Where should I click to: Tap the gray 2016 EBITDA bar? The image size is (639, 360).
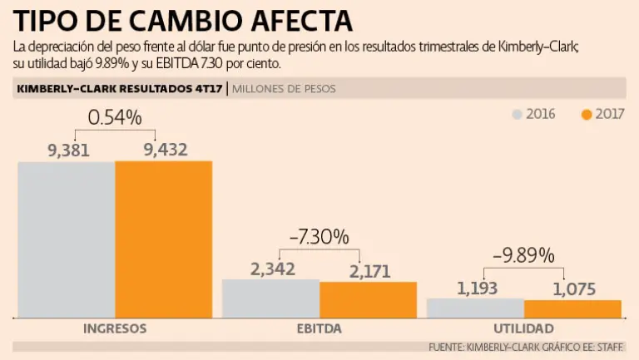tap(270, 298)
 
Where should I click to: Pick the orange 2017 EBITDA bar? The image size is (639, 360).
tap(368, 300)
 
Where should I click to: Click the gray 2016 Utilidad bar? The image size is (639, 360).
tap(475, 308)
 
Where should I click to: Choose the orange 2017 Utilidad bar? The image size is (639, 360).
tap(572, 308)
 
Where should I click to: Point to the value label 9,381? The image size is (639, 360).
tap(68, 150)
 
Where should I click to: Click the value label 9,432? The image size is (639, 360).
tap(166, 150)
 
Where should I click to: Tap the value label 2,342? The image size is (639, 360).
tap(273, 269)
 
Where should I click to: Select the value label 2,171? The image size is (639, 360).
tap(369, 270)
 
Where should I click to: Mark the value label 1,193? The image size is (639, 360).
tap(477, 288)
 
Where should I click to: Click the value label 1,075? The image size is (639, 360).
tap(574, 288)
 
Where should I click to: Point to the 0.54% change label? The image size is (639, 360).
tap(116, 118)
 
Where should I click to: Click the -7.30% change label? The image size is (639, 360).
tap(319, 237)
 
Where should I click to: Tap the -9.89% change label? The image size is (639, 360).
tap(524, 256)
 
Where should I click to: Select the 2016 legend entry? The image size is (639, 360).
tap(533, 114)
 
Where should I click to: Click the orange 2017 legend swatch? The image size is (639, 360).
tap(587, 114)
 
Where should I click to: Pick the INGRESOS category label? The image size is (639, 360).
tap(115, 328)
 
